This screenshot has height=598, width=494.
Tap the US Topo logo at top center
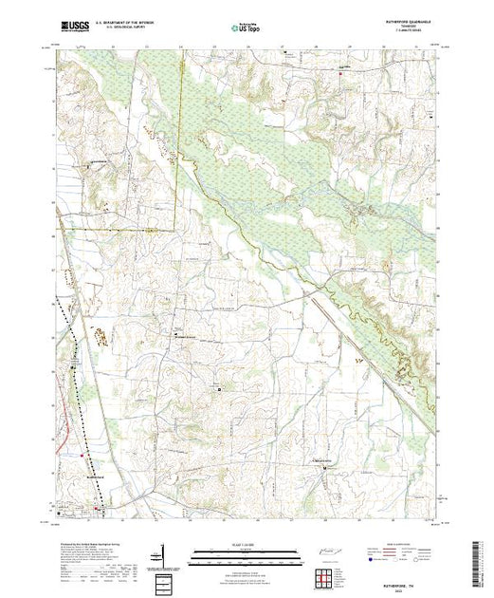coord(247,28)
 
